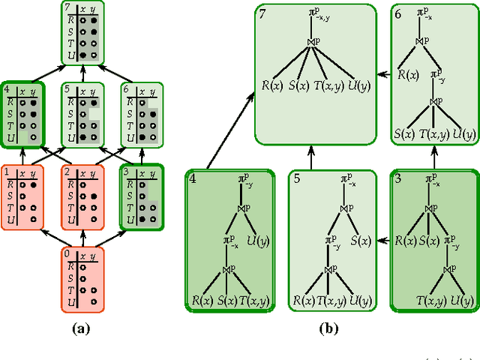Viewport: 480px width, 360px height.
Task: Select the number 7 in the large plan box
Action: [263, 14]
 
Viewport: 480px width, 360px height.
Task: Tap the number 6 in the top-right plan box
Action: [397, 14]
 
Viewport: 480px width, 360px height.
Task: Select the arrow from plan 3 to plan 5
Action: [383, 240]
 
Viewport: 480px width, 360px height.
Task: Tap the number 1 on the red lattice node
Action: [6, 172]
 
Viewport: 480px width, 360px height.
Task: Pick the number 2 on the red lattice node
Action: [67, 172]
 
